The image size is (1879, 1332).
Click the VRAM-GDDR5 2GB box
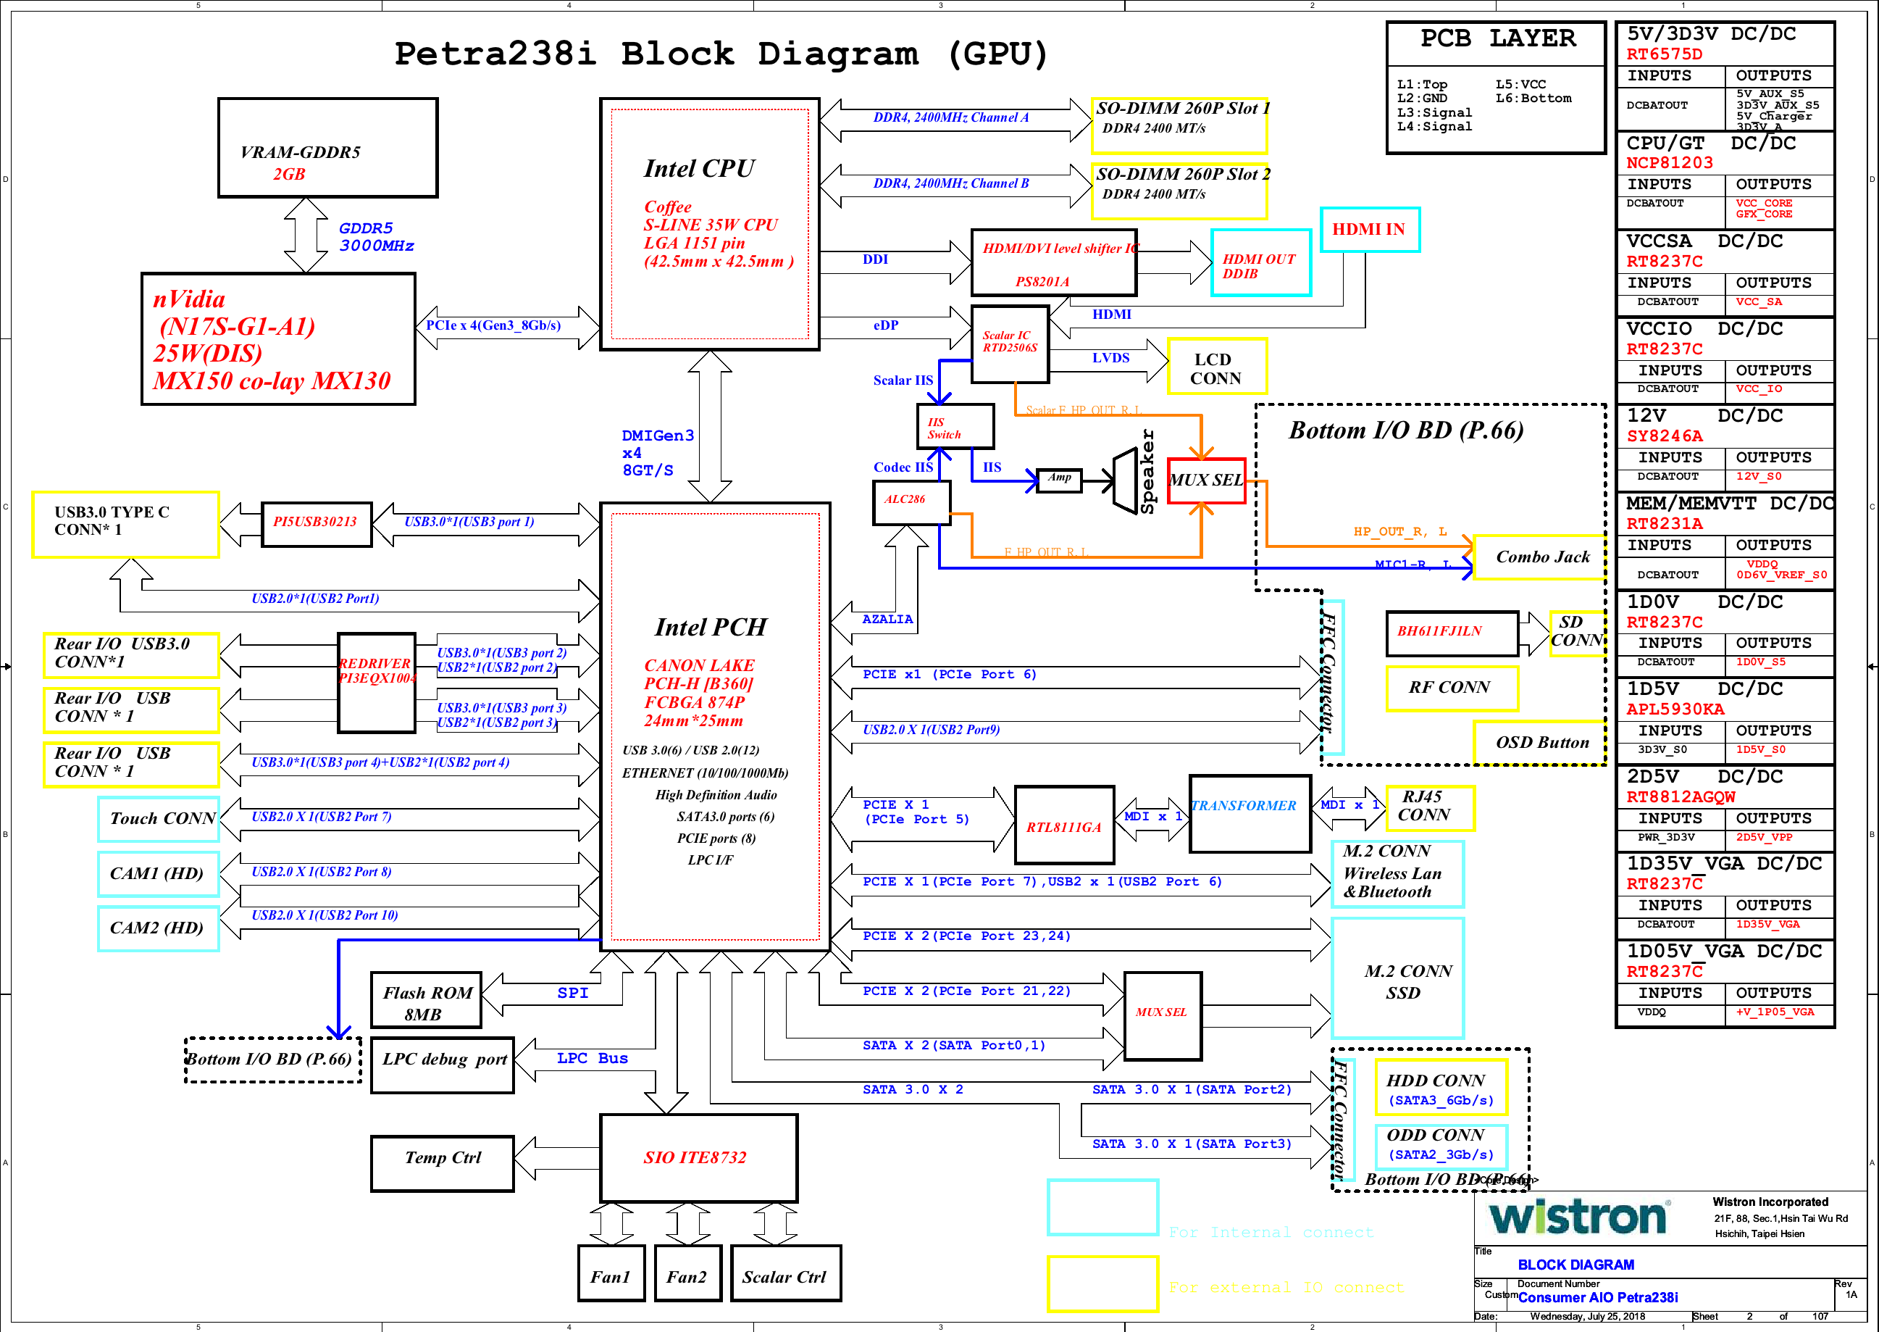pos(327,148)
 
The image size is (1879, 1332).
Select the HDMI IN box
pos(1369,230)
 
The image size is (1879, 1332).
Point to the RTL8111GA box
pos(1064,825)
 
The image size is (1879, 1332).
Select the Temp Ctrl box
pos(442,1162)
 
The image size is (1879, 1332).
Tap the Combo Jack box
pos(1541,557)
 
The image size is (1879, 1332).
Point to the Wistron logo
pos(1578,1218)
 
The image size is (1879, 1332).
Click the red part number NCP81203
pos(1669,163)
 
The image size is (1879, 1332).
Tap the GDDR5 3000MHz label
pos(375,237)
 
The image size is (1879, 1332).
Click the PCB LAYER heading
pos(1497,39)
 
